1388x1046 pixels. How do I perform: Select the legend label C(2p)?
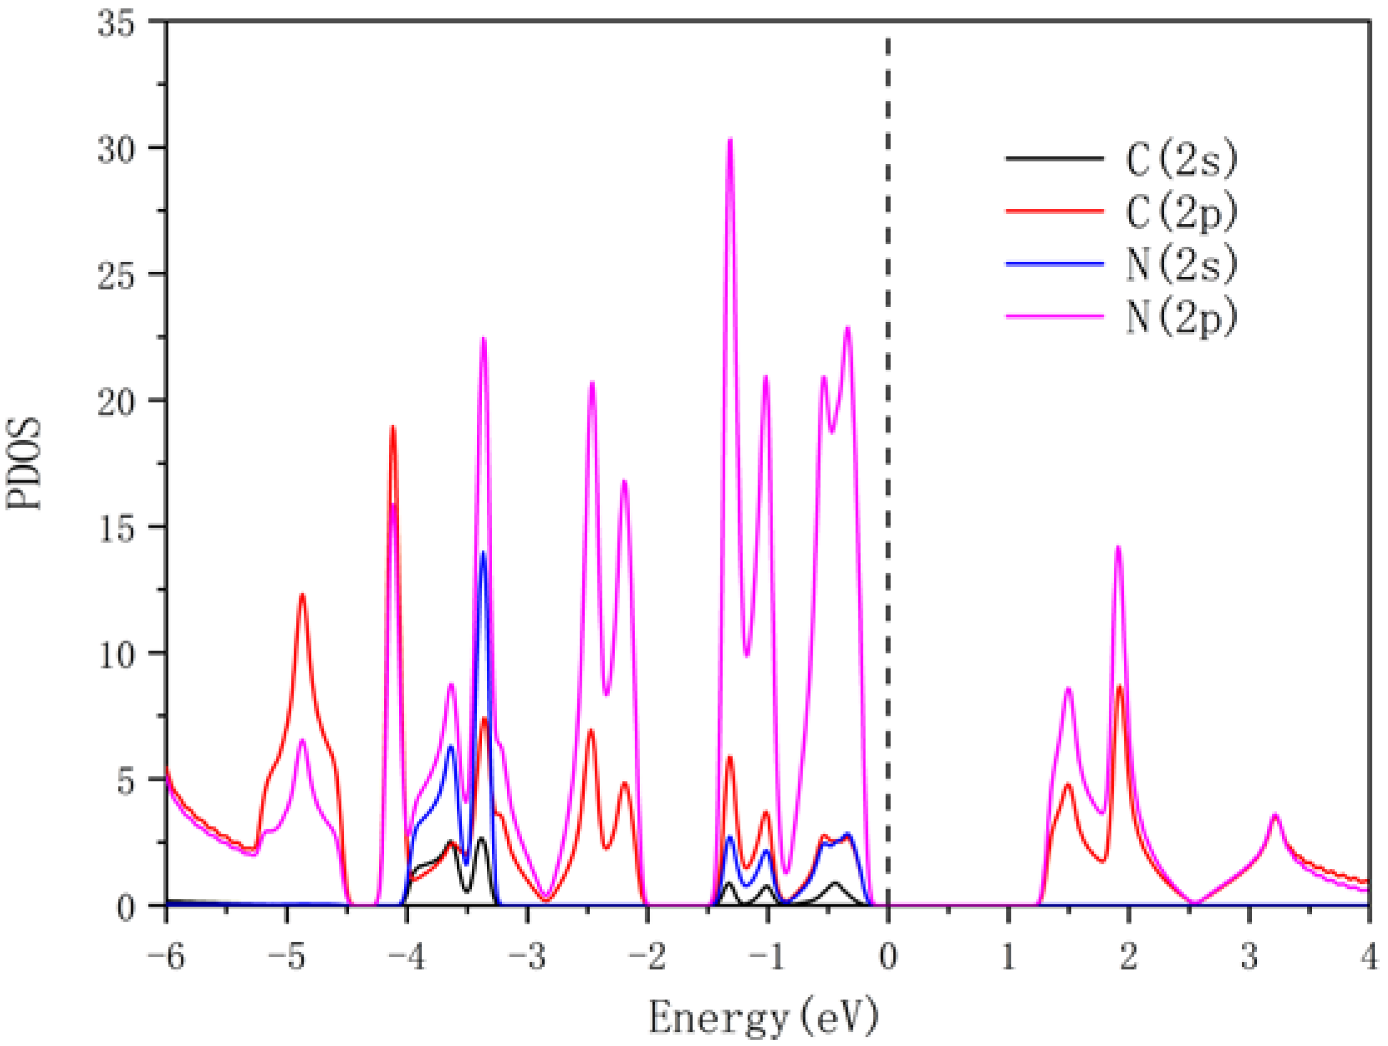(1181, 212)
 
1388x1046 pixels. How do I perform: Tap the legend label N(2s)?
(1181, 264)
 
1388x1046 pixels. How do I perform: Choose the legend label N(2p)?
(1181, 317)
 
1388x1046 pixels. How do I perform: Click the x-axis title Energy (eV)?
(762, 1016)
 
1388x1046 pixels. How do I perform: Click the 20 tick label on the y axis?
(116, 402)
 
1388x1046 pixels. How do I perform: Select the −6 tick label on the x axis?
(166, 958)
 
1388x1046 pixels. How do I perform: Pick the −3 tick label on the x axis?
(527, 958)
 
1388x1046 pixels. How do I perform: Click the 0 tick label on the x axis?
(888, 958)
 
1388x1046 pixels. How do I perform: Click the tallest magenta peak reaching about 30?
(730, 141)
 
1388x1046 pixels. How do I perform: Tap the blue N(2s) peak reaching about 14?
(483, 554)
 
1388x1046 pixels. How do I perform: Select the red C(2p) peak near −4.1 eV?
(393, 428)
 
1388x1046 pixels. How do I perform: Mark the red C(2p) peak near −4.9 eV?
(302, 595)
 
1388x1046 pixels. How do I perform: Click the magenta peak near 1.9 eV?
(1118, 548)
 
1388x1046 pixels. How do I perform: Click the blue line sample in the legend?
(1054, 264)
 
